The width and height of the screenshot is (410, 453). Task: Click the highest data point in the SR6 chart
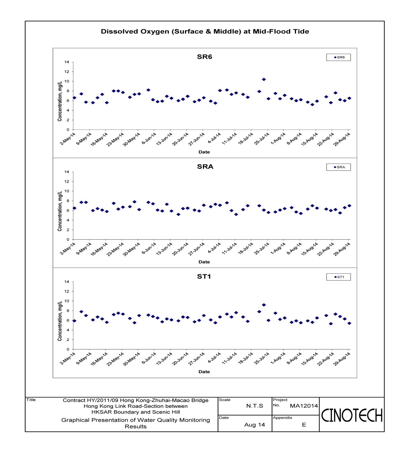264,80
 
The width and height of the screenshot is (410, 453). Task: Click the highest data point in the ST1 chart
264,305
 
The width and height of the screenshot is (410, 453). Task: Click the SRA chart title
205,167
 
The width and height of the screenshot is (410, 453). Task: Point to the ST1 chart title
204,277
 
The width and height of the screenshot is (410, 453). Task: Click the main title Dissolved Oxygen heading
205,31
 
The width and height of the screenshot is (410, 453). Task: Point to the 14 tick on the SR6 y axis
67,62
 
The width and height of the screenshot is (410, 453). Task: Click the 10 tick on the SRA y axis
67,191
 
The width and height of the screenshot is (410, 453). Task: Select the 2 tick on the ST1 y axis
68,340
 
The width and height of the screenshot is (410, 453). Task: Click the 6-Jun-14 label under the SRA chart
149,248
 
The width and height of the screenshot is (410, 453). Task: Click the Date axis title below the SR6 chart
204,152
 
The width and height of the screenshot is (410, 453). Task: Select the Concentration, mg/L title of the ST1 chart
60,321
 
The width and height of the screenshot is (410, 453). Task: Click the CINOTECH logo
352,415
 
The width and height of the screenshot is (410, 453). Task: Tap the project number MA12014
304,406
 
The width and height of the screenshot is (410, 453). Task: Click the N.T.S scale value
255,406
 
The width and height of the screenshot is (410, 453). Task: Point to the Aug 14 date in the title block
255,425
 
